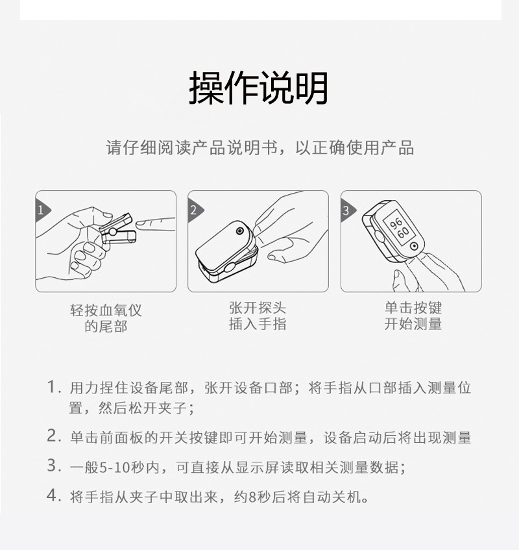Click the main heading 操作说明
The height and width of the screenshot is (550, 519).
coord(259,88)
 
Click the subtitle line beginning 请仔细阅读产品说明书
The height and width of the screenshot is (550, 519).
coord(259,147)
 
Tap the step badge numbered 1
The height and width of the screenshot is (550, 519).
coord(42,210)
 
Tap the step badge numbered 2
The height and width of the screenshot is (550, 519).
coord(194,210)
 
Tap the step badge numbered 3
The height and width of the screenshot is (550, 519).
coord(346,210)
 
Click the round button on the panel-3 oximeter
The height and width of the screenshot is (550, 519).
coord(415,246)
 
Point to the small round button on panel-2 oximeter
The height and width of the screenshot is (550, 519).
coord(240,231)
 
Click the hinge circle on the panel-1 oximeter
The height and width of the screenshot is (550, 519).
coord(112,232)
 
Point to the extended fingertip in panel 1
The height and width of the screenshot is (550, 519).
coord(140,223)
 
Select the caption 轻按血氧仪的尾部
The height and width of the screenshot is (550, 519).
coord(106,318)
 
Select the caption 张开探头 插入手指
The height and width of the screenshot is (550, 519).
coord(258,316)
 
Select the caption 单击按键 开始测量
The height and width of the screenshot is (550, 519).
coord(413,316)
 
